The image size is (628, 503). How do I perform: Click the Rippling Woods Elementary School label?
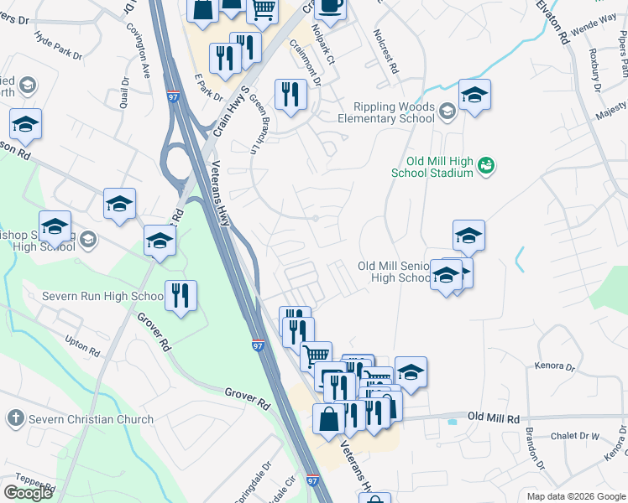tap(382, 112)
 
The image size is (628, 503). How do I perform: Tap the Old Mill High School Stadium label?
tap(432, 168)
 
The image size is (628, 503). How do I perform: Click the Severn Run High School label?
tap(102, 297)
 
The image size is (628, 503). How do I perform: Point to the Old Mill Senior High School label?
tap(393, 272)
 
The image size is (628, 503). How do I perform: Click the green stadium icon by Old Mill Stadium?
tap(486, 168)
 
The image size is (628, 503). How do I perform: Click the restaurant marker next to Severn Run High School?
tap(181, 296)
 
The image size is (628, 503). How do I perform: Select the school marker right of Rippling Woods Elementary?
tap(474, 96)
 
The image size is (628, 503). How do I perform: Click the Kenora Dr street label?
tap(554, 366)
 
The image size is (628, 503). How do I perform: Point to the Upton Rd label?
tap(81, 344)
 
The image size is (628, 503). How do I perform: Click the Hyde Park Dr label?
tap(59, 47)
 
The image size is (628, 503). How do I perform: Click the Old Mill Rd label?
tap(494, 417)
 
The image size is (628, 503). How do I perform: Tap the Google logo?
tap(28, 493)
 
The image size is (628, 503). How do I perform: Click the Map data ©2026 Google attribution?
tap(576, 496)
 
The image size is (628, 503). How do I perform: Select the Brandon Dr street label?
tap(534, 443)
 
